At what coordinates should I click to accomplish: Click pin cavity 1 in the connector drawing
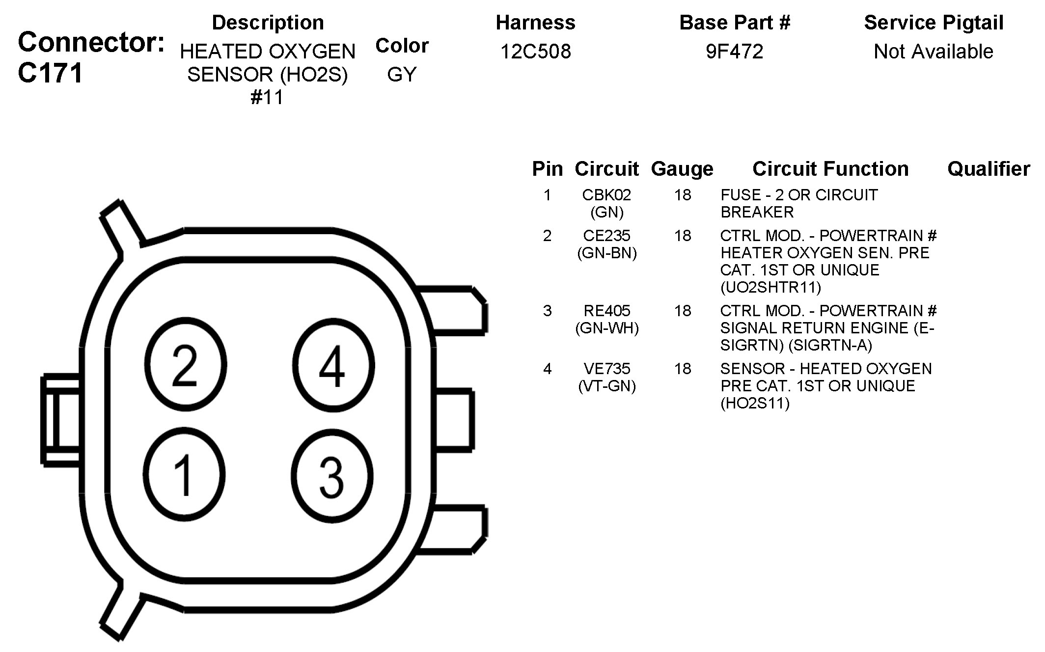point(185,474)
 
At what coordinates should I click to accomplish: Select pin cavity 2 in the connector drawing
point(186,364)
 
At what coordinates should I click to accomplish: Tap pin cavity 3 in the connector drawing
point(332,476)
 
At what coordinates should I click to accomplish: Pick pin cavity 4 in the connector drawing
point(333,365)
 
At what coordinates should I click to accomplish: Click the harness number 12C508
point(535,52)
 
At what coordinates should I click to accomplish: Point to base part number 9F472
point(735,52)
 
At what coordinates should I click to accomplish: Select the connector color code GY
point(402,75)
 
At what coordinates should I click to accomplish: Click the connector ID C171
point(50,73)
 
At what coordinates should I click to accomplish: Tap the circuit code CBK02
point(606,195)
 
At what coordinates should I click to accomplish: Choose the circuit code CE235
point(606,236)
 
